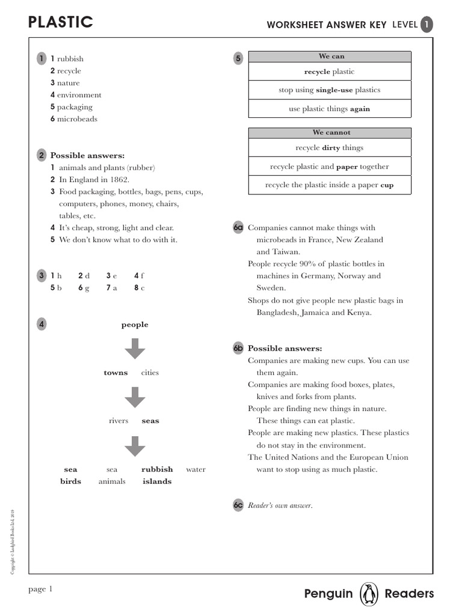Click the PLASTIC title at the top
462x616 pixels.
(61, 23)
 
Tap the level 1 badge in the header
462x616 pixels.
(426, 24)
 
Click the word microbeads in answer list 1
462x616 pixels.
(77, 119)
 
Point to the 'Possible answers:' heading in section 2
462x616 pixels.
(87, 156)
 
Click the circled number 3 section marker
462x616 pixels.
(41, 276)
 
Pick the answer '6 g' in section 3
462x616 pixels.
(84, 288)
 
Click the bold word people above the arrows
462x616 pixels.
(135, 325)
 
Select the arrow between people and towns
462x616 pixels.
(135, 349)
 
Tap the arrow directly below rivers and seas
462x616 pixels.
(135, 445)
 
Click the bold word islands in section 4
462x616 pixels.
(157, 481)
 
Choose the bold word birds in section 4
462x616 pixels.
(70, 481)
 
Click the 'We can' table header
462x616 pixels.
(330, 57)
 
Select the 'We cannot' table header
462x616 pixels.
(330, 132)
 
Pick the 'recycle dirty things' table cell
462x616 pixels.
(330, 147)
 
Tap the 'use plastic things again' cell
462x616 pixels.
(330, 109)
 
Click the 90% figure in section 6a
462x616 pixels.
(303, 264)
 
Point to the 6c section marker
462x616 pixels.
(238, 505)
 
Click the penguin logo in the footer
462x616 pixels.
(368, 594)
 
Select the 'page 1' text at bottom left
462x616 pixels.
(41, 589)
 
